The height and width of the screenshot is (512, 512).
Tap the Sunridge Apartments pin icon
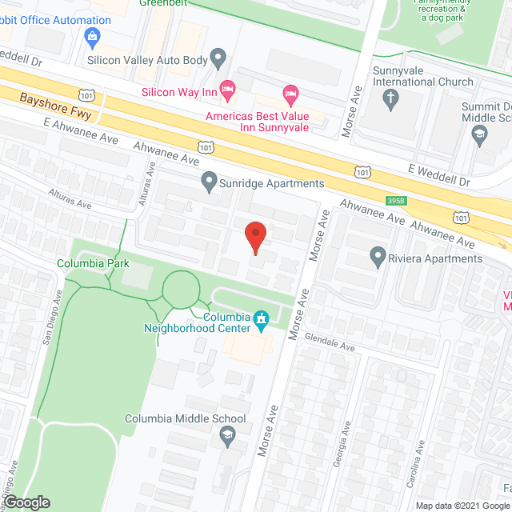coord(210,182)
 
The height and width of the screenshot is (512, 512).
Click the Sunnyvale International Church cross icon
coord(391,98)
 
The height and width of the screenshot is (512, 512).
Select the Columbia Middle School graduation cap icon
coord(226,436)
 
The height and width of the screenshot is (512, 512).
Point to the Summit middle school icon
coord(479,136)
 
